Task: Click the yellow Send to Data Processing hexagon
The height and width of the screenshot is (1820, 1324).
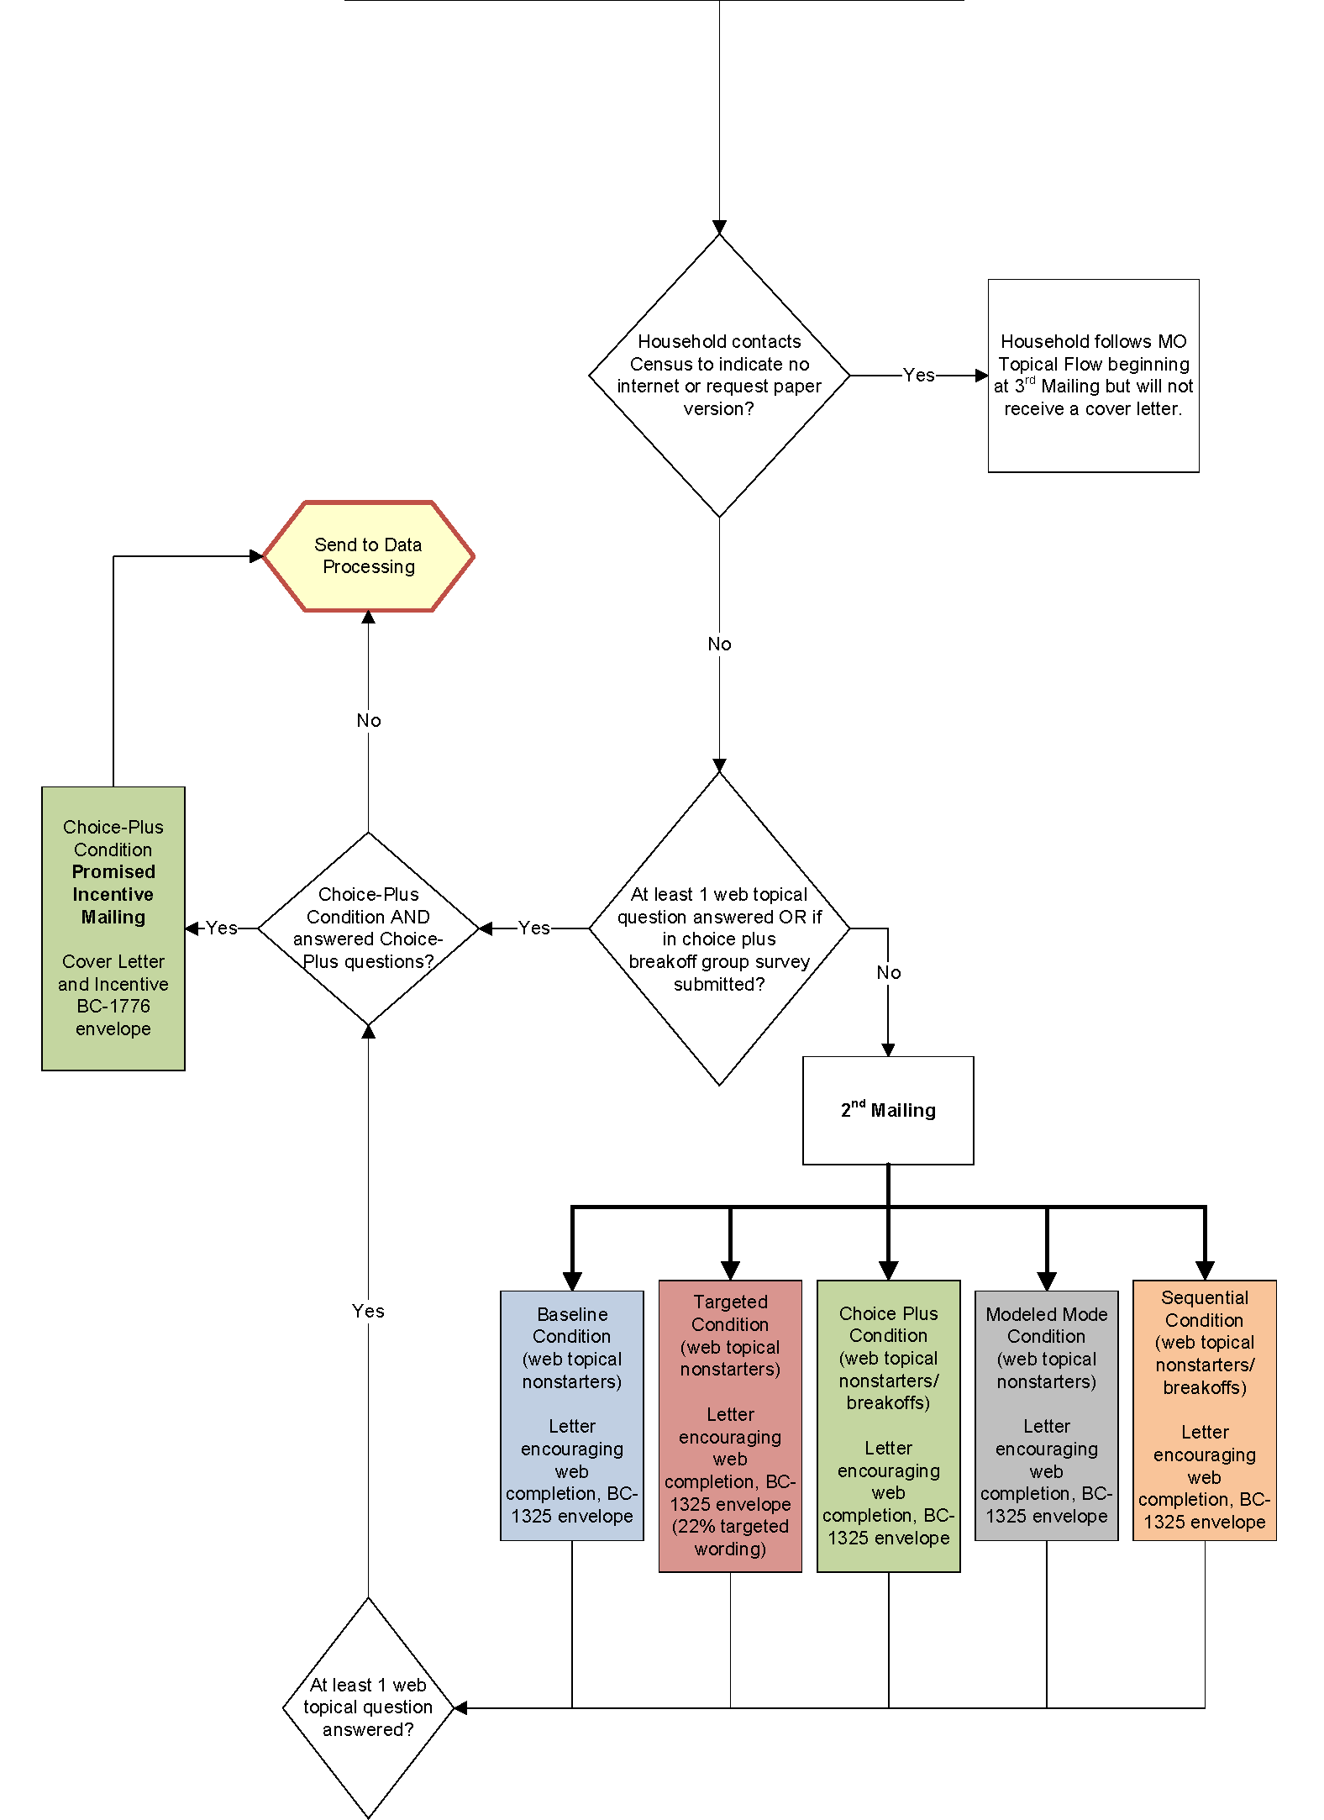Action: (368, 556)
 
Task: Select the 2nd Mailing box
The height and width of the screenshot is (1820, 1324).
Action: (888, 1110)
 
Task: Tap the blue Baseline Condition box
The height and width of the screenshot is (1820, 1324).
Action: (571, 1415)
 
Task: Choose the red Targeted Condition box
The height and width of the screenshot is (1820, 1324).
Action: (730, 1426)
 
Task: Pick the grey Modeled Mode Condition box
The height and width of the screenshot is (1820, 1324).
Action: (1046, 1415)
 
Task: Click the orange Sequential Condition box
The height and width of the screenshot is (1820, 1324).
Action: (1204, 1410)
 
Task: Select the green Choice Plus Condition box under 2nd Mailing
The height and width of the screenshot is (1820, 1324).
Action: (888, 1426)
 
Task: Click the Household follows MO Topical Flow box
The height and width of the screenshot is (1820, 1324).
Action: (1093, 376)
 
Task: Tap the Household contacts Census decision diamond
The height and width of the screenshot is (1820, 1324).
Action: (719, 376)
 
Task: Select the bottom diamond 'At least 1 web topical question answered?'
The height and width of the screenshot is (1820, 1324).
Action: (368, 1707)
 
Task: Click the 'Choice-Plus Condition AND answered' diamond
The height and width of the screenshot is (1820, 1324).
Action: (368, 928)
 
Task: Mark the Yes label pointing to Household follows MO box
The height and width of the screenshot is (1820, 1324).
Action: (918, 376)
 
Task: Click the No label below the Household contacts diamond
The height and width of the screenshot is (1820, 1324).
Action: (719, 644)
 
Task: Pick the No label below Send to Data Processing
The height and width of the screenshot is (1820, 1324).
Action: (368, 721)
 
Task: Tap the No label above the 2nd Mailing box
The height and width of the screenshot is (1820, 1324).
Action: (888, 973)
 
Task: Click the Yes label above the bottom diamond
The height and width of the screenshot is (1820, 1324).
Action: (368, 1311)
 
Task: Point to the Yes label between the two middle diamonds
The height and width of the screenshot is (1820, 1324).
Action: (534, 928)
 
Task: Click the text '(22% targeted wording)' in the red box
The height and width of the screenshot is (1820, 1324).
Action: (730, 1538)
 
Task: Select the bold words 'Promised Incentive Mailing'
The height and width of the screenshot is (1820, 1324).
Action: (113, 894)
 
